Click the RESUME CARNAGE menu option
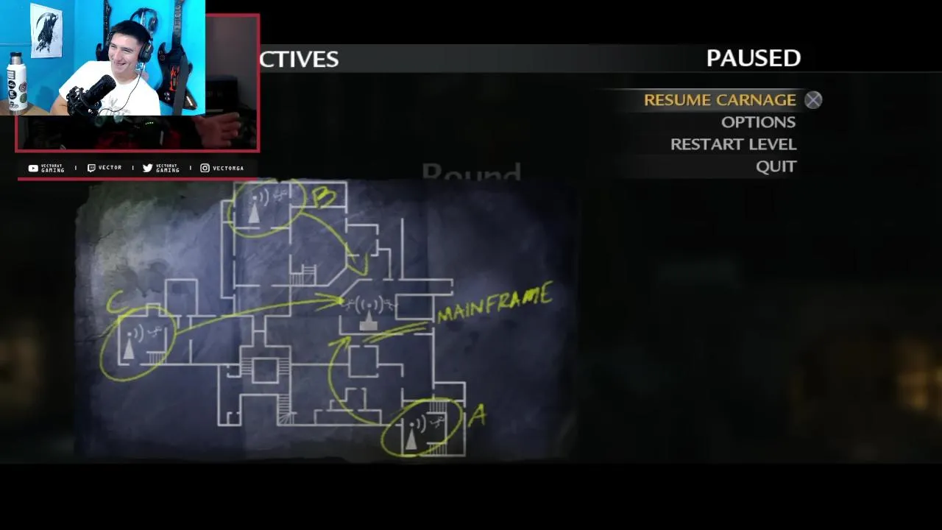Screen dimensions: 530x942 [719, 100]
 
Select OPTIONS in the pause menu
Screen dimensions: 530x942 [757, 122]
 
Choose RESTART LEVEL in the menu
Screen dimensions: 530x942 [733, 144]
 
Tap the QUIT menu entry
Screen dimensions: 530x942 [776, 166]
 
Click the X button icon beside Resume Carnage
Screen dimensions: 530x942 [812, 100]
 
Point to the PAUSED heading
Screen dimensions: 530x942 [753, 58]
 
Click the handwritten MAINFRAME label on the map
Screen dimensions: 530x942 [494, 304]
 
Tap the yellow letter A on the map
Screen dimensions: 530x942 [478, 417]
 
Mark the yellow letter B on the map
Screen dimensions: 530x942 [324, 197]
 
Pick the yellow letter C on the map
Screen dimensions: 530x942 [115, 303]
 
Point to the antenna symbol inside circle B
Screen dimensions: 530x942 [254, 211]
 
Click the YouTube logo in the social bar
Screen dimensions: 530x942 [33, 169]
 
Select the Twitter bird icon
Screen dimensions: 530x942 [147, 169]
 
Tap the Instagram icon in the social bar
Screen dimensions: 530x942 [205, 169]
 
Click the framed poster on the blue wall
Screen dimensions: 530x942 [46, 32]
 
